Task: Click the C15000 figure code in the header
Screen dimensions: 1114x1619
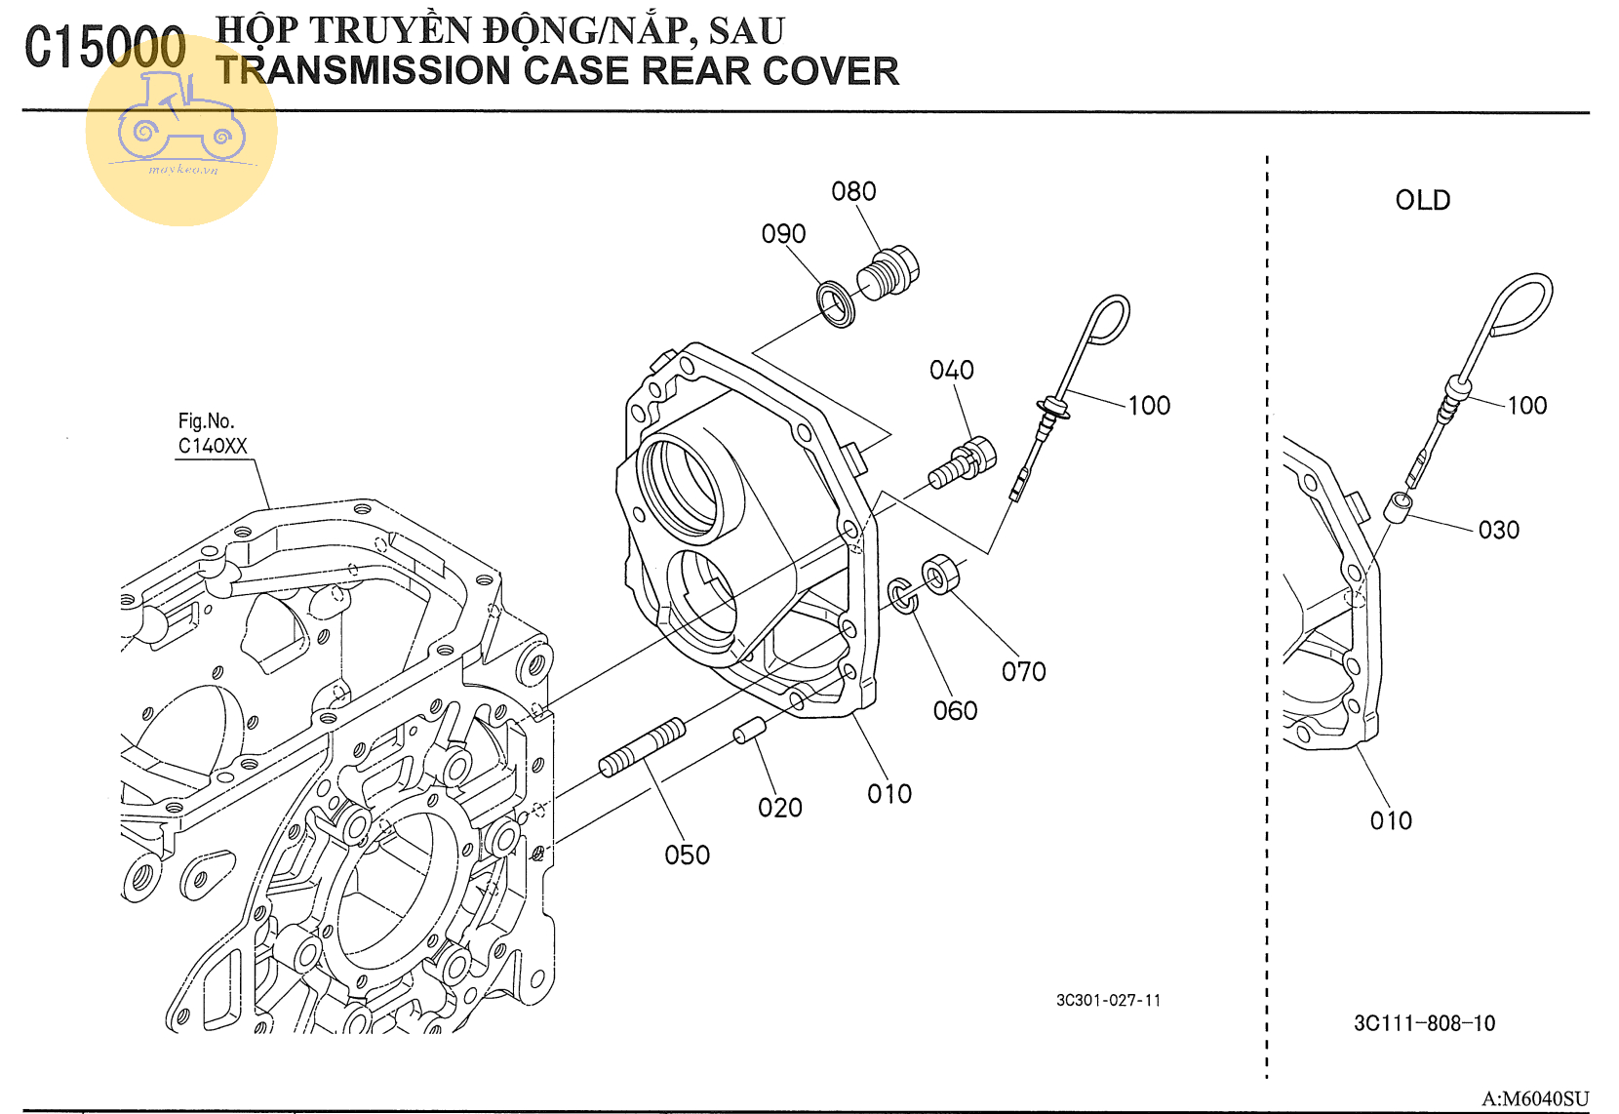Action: pyautogui.click(x=105, y=48)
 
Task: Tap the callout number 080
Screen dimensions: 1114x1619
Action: pyautogui.click(x=853, y=191)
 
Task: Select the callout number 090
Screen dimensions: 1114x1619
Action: pyautogui.click(x=783, y=234)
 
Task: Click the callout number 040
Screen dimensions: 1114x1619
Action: pyautogui.click(x=951, y=371)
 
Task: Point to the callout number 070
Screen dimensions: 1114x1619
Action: pyautogui.click(x=1023, y=672)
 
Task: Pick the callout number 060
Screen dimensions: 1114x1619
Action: pyautogui.click(x=955, y=711)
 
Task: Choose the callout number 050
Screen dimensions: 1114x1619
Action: pyautogui.click(x=687, y=855)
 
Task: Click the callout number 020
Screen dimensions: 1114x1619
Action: pyautogui.click(x=779, y=808)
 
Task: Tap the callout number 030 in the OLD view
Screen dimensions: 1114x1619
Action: pyautogui.click(x=1498, y=531)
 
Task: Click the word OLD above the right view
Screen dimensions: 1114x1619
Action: pyautogui.click(x=1422, y=201)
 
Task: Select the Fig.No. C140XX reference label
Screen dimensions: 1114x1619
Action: pyautogui.click(x=212, y=434)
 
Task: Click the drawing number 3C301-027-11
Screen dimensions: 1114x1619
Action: pyautogui.click(x=1108, y=1001)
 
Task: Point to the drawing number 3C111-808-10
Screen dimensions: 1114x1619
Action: pyautogui.click(x=1424, y=1023)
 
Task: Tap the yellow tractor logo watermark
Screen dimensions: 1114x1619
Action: pyautogui.click(x=181, y=130)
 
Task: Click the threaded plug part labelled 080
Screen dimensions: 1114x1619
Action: pyautogui.click(x=888, y=270)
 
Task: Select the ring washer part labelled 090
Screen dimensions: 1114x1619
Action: pyautogui.click(x=837, y=303)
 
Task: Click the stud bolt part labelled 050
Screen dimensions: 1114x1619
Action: pyautogui.click(x=643, y=747)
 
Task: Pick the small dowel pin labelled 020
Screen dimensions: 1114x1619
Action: pyautogui.click(x=749, y=730)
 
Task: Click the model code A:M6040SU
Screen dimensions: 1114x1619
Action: pyautogui.click(x=1534, y=1099)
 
